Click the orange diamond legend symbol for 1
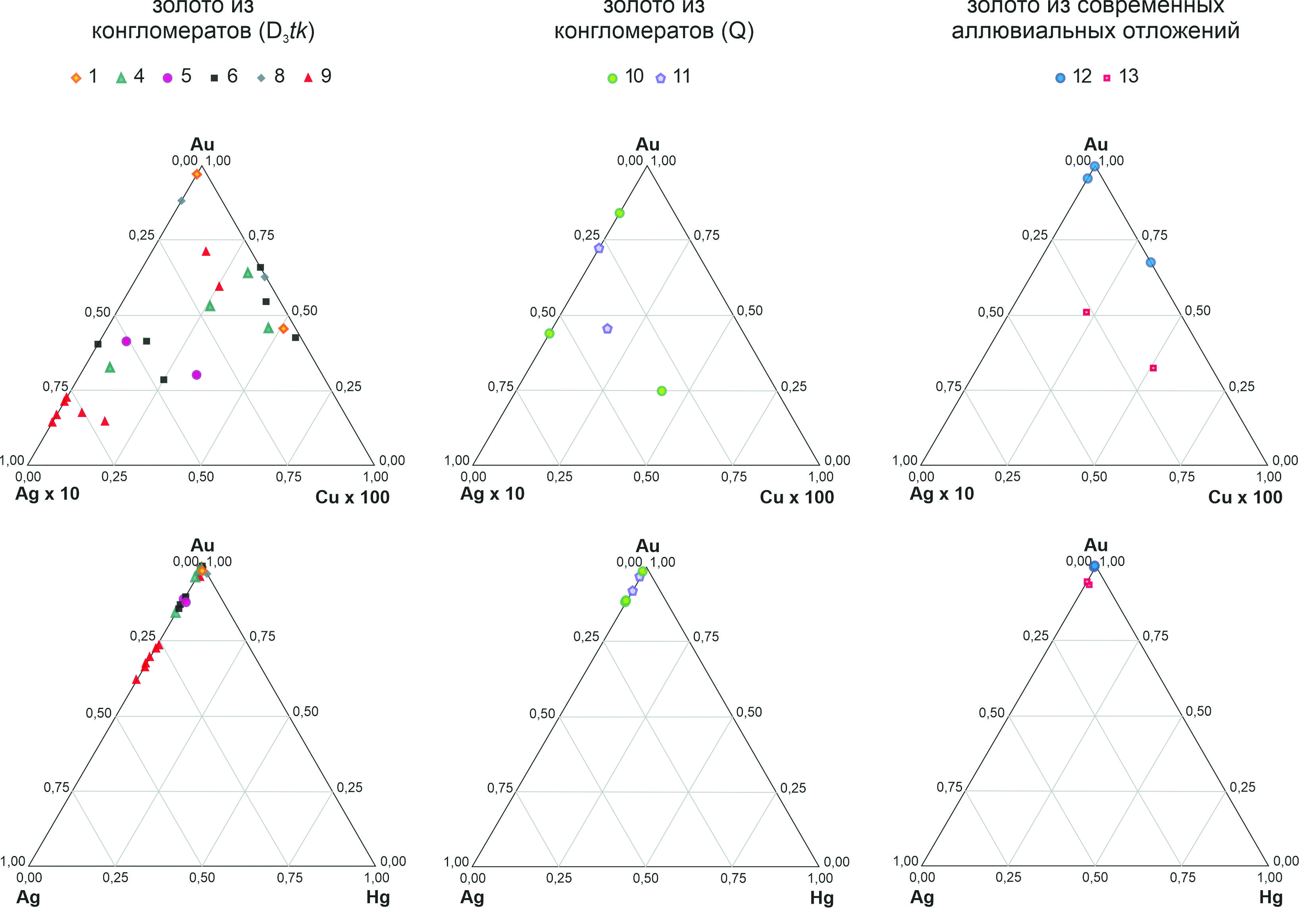pyautogui.click(x=76, y=77)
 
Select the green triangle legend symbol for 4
pyautogui.click(x=121, y=77)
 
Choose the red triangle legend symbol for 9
pyautogui.click(x=308, y=77)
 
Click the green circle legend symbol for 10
pyautogui.click(x=612, y=78)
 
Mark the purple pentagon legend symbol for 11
pyautogui.click(x=660, y=78)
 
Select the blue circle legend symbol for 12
pyautogui.click(x=1060, y=78)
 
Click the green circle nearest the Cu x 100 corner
pyautogui.click(x=661, y=390)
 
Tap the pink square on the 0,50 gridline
pyautogui.click(x=1086, y=312)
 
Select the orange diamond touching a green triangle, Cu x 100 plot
pyautogui.click(x=283, y=328)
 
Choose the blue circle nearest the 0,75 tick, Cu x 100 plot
pyautogui.click(x=1150, y=262)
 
